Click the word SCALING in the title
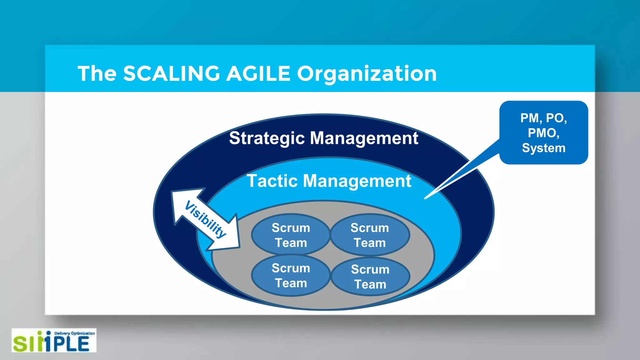coord(172,74)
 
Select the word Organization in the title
coord(367,74)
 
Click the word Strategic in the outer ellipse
coord(267,138)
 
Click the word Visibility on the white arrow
coord(205,219)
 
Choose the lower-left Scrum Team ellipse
coord(291,275)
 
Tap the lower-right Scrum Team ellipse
coord(370,277)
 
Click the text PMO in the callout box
coord(543,133)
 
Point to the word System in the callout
coord(543,148)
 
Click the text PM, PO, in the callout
coord(543,118)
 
